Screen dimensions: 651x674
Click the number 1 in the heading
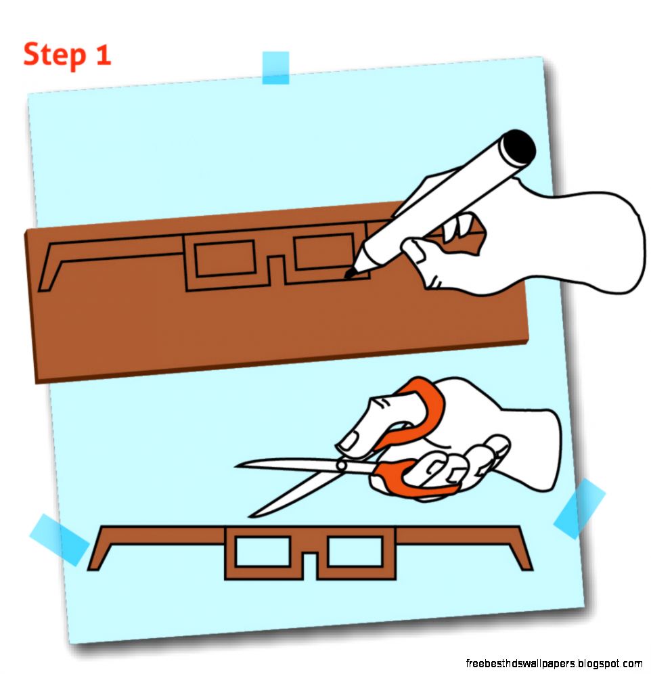(103, 54)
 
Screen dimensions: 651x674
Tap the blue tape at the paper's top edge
(275, 68)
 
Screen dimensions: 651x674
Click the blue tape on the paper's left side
(59, 539)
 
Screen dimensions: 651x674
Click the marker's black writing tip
(350, 273)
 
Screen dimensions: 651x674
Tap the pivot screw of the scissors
(342, 465)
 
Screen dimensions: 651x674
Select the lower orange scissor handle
(413, 479)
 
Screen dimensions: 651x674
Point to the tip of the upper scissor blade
(235, 466)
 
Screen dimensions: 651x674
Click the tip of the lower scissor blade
(250, 516)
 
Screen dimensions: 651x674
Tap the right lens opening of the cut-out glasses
(355, 551)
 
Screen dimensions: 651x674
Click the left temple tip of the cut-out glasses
(94, 567)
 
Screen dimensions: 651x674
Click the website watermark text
(554, 664)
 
